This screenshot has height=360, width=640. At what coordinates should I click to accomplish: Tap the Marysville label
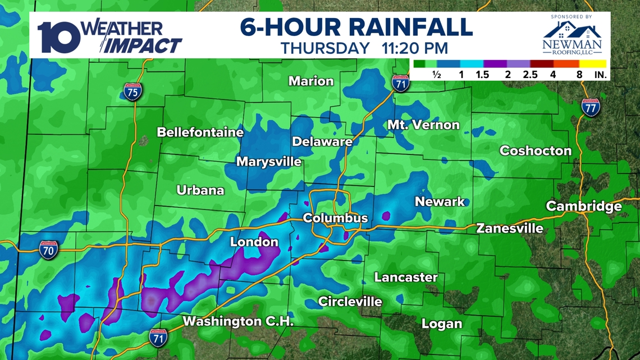[269, 162]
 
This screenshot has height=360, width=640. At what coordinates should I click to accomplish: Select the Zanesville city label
[509, 228]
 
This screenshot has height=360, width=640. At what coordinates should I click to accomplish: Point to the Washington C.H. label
[239, 322]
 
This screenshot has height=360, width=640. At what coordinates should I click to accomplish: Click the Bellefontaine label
[200, 133]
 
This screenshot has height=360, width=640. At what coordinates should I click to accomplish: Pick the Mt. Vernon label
[423, 125]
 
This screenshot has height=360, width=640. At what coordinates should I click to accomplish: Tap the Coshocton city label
[535, 151]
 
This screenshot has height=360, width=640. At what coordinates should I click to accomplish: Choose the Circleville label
[350, 302]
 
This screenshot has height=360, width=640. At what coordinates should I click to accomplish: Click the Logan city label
[442, 323]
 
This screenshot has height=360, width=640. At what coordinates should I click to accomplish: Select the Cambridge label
[584, 206]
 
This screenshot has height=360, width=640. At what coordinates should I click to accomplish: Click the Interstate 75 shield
[132, 91]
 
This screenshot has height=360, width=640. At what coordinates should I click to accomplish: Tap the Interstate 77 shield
[589, 107]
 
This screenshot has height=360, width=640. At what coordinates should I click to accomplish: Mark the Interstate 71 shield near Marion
[400, 83]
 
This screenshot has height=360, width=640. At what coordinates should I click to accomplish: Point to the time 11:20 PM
[416, 48]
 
